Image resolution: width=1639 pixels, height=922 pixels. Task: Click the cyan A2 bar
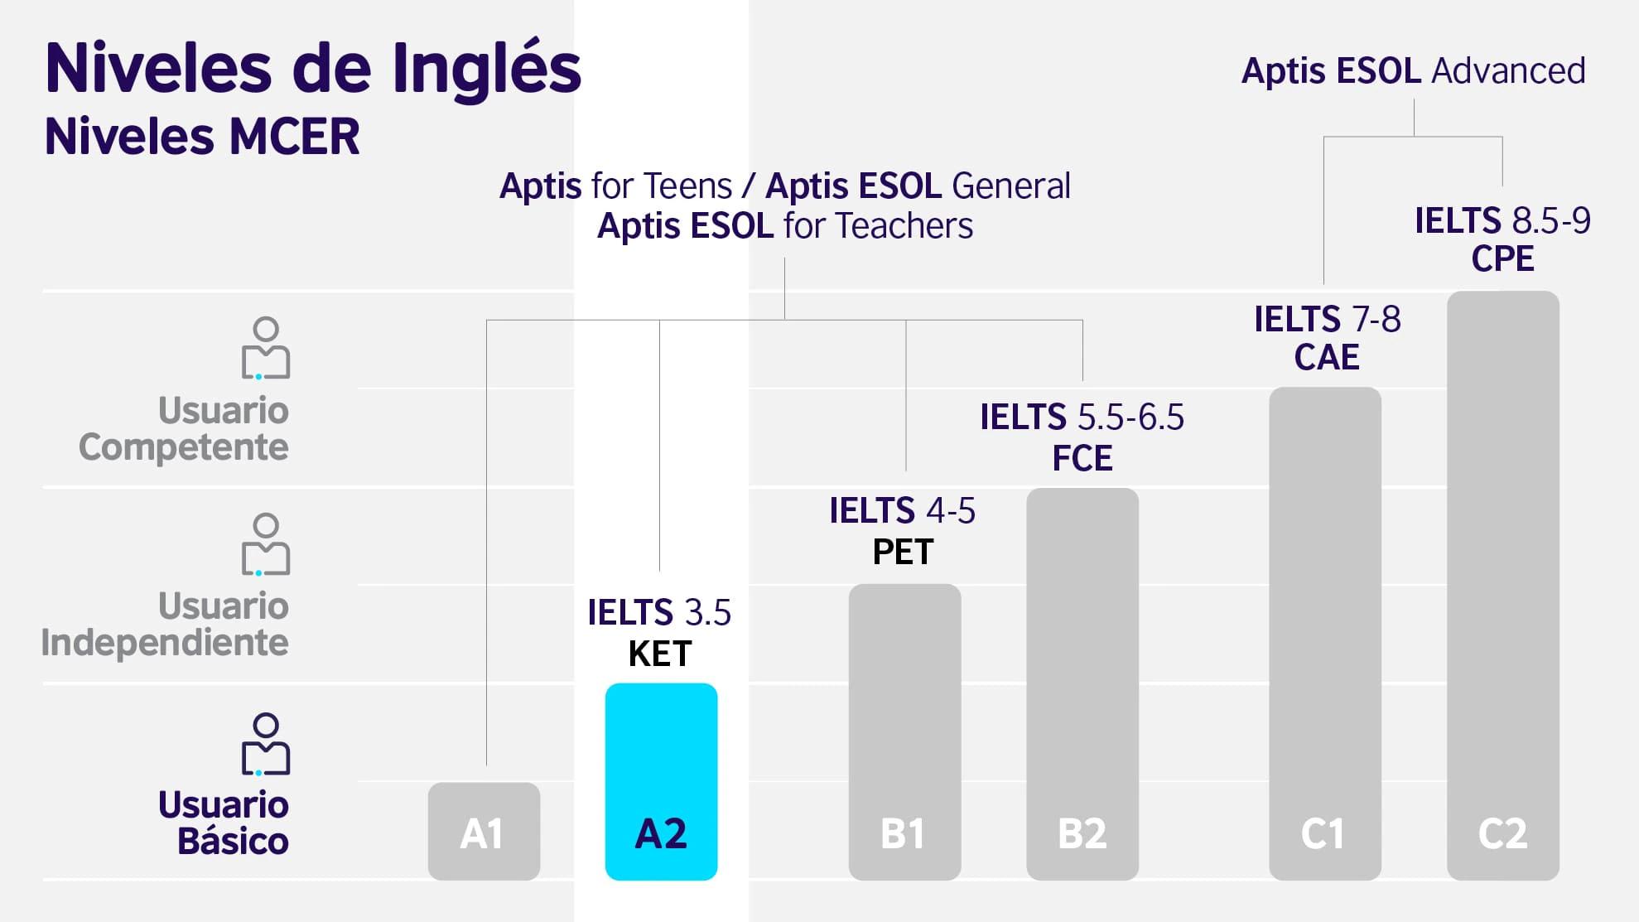click(x=661, y=780)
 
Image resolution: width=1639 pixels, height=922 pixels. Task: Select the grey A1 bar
click(x=484, y=831)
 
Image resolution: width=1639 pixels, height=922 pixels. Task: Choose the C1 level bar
click(x=1324, y=633)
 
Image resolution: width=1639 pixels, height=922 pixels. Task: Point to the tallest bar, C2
click(x=1502, y=584)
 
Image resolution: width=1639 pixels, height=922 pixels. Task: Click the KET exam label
click(x=660, y=654)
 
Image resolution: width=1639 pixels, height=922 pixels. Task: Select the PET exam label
click(x=903, y=553)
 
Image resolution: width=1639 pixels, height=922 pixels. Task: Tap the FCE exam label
click(x=1082, y=458)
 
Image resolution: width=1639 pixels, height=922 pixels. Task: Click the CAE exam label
click(x=1327, y=358)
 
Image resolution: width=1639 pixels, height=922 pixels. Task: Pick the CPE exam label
click(x=1502, y=259)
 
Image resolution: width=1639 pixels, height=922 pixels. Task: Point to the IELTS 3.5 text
click(x=659, y=613)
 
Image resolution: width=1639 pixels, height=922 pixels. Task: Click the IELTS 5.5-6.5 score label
click(x=1082, y=418)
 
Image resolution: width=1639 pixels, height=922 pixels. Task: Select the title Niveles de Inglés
click(x=313, y=68)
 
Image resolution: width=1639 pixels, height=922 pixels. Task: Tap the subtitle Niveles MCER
click(x=202, y=137)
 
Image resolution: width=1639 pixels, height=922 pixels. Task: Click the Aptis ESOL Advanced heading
click(x=1413, y=71)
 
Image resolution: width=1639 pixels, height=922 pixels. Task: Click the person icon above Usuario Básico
click(x=266, y=744)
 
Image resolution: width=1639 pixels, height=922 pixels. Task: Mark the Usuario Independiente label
click(x=166, y=624)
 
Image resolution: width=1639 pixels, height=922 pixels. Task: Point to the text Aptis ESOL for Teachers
click(x=784, y=226)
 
